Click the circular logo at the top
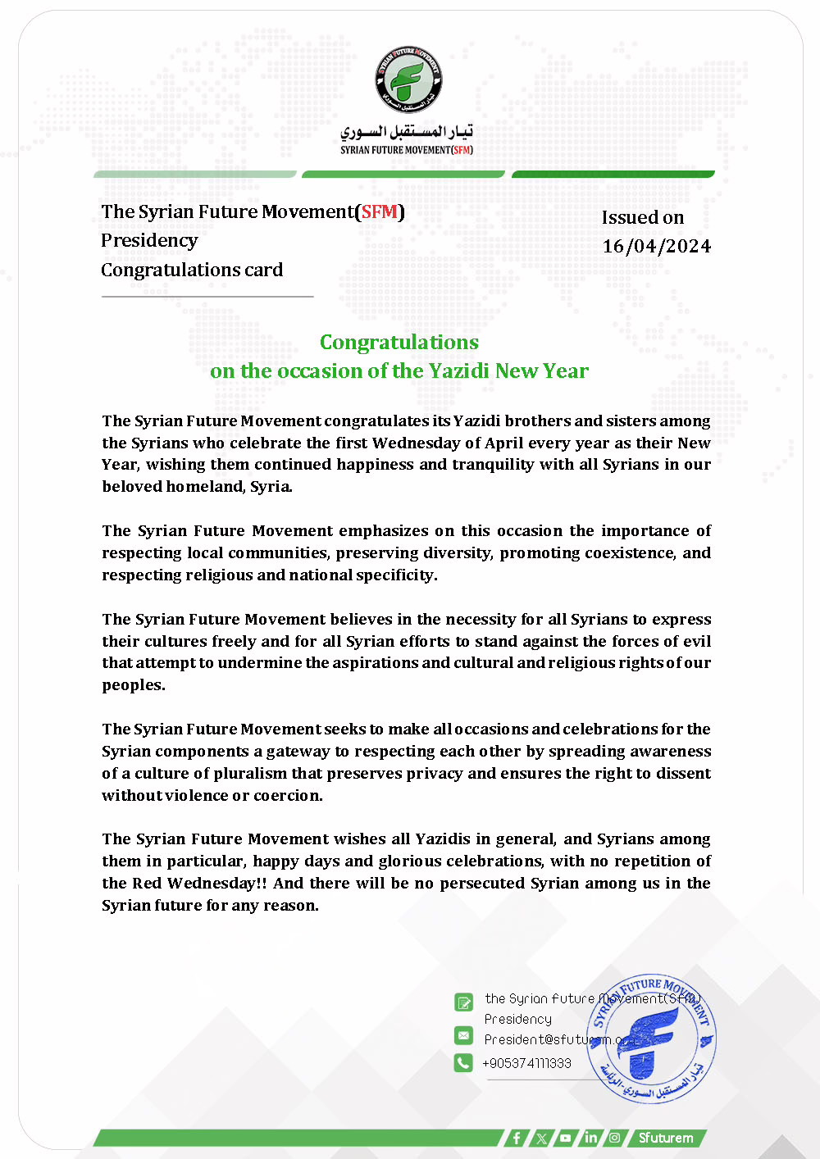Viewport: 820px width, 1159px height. coord(408,80)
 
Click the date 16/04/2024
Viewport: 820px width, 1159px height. coord(656,246)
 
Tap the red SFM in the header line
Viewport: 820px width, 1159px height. coord(379,211)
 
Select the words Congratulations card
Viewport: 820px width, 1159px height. coord(192,270)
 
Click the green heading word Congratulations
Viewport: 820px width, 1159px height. coord(399,342)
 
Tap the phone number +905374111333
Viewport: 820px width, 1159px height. coord(526,1063)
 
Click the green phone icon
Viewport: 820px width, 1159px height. coord(463,1062)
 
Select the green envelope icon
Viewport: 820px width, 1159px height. coord(463,1035)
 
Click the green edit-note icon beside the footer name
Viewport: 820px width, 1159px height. coord(463,1002)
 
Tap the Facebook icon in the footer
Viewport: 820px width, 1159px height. coord(516,1138)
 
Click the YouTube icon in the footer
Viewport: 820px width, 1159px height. coord(566,1138)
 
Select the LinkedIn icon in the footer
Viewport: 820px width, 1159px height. coord(590,1138)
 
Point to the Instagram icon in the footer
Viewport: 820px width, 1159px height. coord(614,1138)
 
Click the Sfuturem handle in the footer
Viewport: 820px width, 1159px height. coord(666,1138)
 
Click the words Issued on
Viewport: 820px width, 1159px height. coord(643,217)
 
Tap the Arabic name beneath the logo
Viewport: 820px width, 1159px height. coord(407,131)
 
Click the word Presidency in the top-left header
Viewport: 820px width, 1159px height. coord(149,240)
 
